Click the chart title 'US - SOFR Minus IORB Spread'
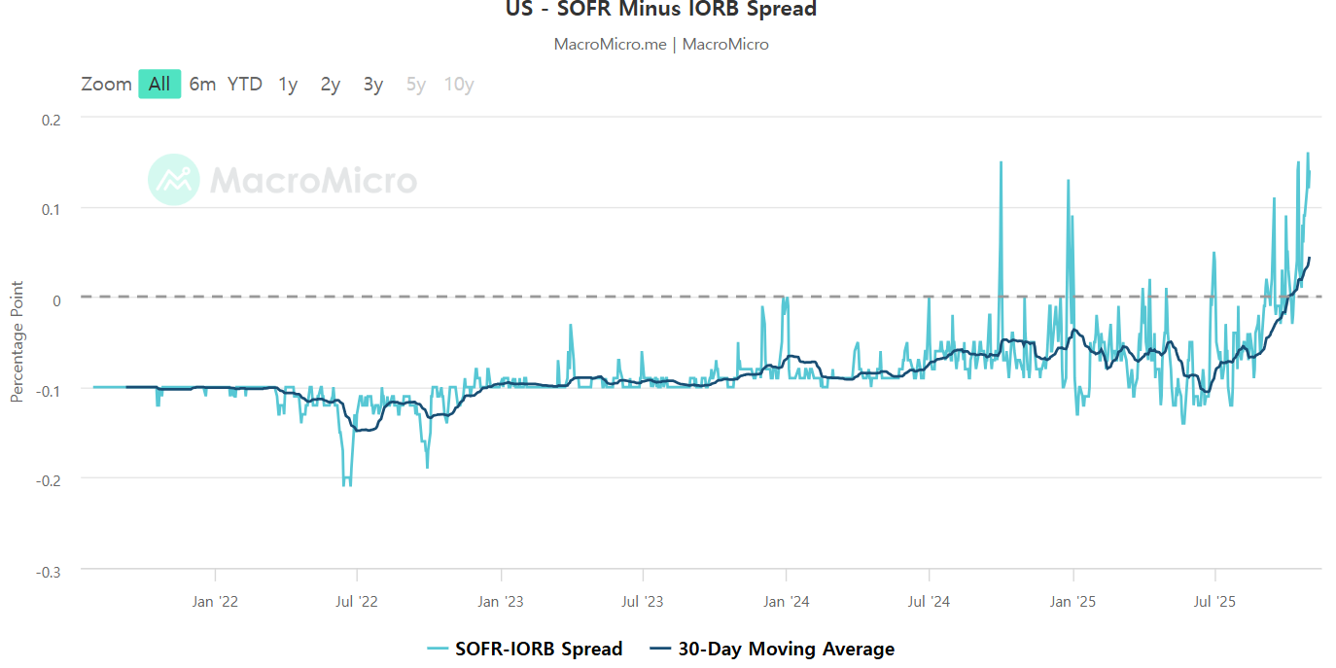(661, 9)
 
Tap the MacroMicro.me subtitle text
(661, 44)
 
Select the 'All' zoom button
(159, 84)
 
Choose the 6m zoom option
(202, 84)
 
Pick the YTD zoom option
(244, 84)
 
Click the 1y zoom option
(288, 85)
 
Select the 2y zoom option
(331, 85)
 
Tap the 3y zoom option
(373, 85)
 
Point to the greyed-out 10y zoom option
(459, 85)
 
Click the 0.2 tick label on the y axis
(52, 121)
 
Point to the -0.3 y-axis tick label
(49, 573)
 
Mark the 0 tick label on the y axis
(56, 300)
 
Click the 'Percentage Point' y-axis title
(17, 341)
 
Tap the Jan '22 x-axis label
(215, 601)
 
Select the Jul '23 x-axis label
(643, 601)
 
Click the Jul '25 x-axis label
(1214, 601)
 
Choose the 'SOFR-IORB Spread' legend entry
(525, 649)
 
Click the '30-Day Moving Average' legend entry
(772, 649)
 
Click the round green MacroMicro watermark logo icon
(173, 180)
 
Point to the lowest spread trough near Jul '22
(346, 485)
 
